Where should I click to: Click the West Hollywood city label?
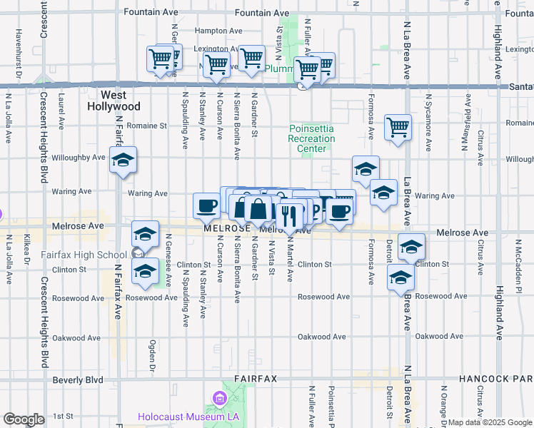(114, 101)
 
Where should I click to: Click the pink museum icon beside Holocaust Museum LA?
(218, 397)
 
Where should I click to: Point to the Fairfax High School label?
(93, 254)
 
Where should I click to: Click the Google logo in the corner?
(24, 419)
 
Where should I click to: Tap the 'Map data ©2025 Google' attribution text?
(490, 422)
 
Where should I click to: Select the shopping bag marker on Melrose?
(258, 210)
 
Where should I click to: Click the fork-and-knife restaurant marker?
(288, 215)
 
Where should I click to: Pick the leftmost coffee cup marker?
(207, 205)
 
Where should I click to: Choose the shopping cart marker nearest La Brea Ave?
(398, 128)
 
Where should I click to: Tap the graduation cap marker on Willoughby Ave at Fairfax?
(124, 162)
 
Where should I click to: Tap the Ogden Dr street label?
(152, 355)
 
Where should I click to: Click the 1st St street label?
(64, 416)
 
